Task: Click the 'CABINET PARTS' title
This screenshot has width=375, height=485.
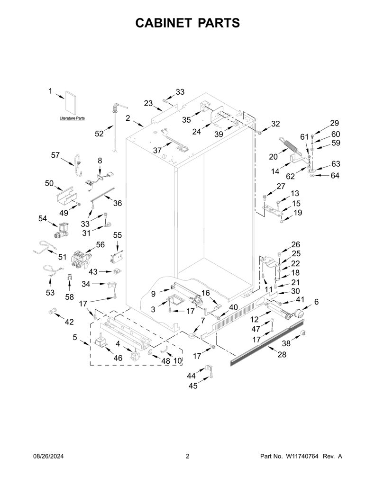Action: tap(187, 23)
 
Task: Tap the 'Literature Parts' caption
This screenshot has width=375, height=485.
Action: tap(72, 118)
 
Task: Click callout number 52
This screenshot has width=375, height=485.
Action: tap(99, 134)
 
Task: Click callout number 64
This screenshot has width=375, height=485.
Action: tap(335, 175)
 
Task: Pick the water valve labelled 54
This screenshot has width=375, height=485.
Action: tap(61, 231)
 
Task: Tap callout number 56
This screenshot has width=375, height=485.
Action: tap(100, 245)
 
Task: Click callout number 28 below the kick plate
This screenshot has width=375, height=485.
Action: tap(282, 354)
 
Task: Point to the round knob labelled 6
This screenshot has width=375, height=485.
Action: tap(298, 313)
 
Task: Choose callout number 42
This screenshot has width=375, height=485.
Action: tap(69, 322)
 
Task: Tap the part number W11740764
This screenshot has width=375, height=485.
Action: tap(302, 456)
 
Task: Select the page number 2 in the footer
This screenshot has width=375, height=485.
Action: tap(187, 456)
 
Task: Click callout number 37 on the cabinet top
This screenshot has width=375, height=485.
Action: tap(157, 150)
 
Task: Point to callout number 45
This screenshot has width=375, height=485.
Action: tap(193, 386)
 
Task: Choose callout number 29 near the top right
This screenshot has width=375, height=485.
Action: tap(334, 123)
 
